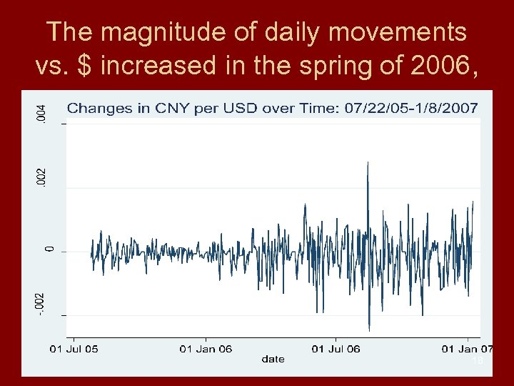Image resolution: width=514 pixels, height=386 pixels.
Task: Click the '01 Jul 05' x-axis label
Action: (74, 349)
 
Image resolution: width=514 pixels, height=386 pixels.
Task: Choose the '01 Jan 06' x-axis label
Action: (206, 349)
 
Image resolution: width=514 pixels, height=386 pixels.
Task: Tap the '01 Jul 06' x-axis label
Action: (336, 349)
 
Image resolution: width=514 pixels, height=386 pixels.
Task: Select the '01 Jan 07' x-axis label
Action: (467, 349)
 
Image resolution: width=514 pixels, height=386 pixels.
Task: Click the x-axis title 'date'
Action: (273, 359)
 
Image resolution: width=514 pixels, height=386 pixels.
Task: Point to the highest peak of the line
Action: (367, 163)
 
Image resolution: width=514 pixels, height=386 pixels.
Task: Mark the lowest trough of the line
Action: (369, 330)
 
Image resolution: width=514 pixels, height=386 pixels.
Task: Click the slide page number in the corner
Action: (478, 362)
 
